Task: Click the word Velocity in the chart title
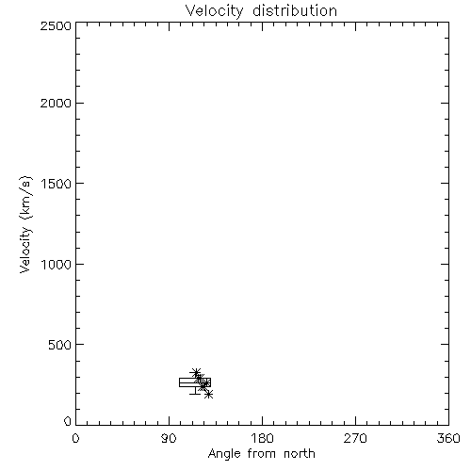214,11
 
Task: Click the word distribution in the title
295,10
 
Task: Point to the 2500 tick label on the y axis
56,25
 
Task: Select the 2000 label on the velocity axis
56,103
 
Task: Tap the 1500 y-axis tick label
57,184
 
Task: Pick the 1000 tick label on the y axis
57,264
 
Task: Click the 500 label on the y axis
59,345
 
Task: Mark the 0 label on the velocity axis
68,421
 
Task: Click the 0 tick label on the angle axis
75,438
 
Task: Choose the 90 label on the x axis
169,438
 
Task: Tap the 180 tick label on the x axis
262,438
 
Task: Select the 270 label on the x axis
355,438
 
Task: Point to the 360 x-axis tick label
448,438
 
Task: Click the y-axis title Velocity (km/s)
25,224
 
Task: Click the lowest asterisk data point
208,394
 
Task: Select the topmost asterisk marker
196,373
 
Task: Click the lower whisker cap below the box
195,394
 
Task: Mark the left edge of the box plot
180,382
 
